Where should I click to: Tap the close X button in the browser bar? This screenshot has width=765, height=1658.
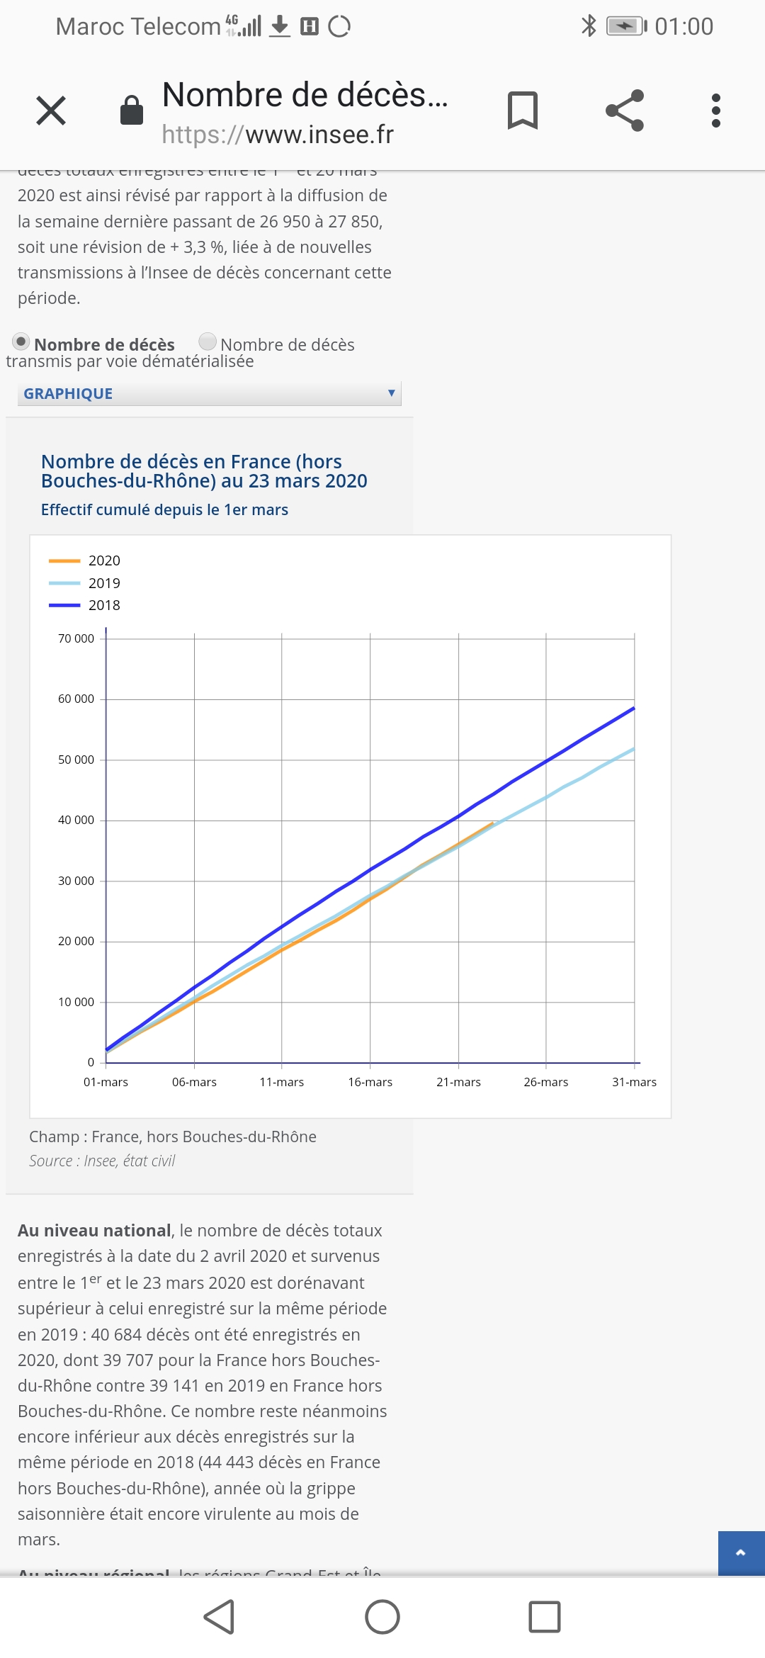(x=51, y=111)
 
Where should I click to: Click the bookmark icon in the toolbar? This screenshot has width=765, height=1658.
(x=523, y=111)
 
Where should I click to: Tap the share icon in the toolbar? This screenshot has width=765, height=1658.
(x=625, y=111)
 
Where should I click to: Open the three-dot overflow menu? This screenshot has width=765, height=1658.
(x=716, y=111)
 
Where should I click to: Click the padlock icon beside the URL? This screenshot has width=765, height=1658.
(x=132, y=111)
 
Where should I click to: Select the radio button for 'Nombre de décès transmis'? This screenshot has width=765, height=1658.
(x=208, y=342)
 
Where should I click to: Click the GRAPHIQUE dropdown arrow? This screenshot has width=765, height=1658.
(x=391, y=393)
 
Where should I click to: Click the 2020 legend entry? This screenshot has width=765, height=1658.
(x=103, y=560)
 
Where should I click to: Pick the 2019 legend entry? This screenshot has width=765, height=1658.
(x=103, y=583)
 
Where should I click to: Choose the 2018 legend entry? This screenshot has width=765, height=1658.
(x=103, y=605)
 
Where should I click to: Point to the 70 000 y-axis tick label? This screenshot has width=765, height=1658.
(x=76, y=638)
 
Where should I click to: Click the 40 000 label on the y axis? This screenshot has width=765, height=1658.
(x=76, y=820)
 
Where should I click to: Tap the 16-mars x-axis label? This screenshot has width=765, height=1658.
(x=370, y=1082)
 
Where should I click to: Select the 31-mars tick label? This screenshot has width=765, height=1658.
(x=634, y=1082)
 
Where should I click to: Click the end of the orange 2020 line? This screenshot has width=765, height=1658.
(x=492, y=823)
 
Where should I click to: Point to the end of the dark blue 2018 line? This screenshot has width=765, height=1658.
(x=634, y=708)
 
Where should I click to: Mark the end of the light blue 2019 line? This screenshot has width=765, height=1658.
(x=634, y=748)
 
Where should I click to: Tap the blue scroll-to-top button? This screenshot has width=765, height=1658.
(x=741, y=1553)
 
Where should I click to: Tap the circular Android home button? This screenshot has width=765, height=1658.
(x=382, y=1617)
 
